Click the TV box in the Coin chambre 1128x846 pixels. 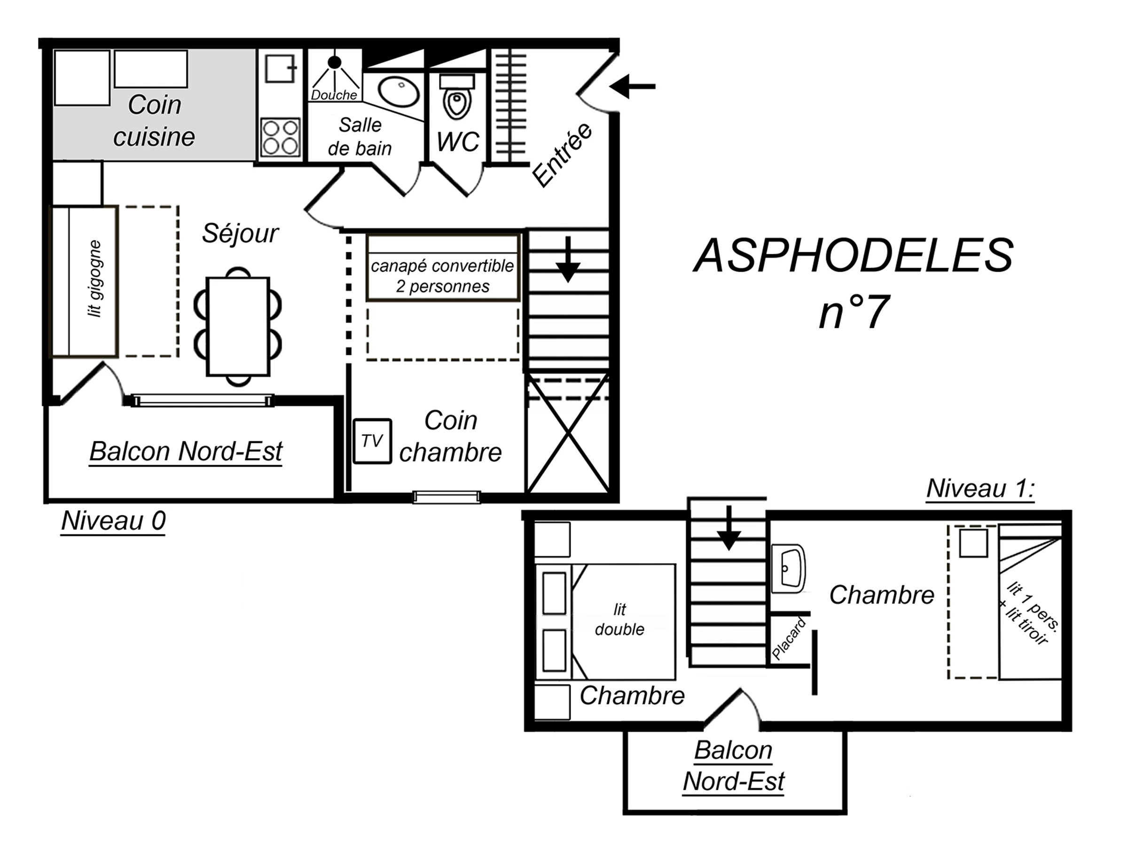point(372,441)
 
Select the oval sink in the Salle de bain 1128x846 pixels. point(398,92)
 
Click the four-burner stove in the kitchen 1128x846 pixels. point(280,137)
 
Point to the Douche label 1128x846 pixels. point(334,95)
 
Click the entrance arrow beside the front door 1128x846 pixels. point(632,86)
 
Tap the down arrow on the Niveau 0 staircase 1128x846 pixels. point(568,259)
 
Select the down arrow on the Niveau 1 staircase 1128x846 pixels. point(728,528)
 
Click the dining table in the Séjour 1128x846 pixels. point(238,326)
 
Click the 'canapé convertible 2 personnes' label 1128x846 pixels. point(442,276)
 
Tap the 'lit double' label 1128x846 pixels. point(619,619)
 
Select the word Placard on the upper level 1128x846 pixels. point(788,638)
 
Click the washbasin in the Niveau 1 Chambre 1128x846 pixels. point(788,569)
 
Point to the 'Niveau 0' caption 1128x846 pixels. point(113,521)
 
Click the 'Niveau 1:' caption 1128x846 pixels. point(980,488)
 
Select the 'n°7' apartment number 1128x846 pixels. point(854,312)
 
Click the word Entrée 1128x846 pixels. point(562,155)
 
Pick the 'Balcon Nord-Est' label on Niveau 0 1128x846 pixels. point(186,451)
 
